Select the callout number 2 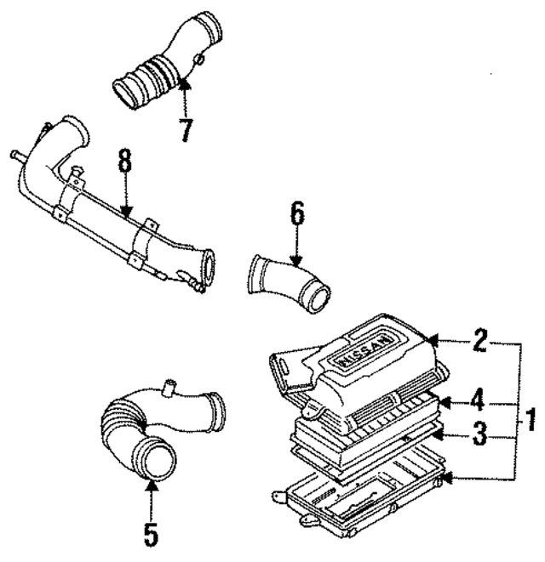tap(480, 343)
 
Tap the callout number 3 tap(480, 436)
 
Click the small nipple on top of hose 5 tap(169, 389)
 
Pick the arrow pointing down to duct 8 tap(126, 200)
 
